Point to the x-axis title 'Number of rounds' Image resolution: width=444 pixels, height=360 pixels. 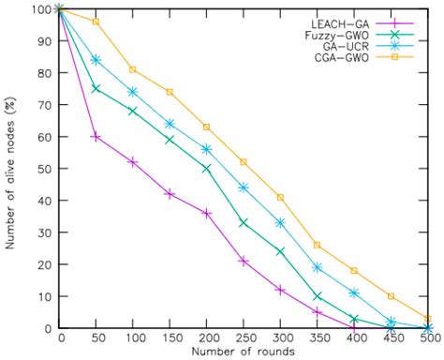[x=244, y=352]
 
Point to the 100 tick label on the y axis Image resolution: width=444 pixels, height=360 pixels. [x=37, y=9]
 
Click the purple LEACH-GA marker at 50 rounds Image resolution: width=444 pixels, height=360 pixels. [x=96, y=137]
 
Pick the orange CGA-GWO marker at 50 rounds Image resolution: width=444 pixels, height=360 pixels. [x=96, y=22]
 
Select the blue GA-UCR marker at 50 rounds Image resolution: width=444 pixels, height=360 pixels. [x=96, y=60]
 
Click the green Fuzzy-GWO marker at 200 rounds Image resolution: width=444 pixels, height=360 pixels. [x=206, y=169]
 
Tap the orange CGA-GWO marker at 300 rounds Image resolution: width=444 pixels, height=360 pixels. [x=280, y=197]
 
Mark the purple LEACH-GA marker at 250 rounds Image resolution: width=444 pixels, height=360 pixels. [x=244, y=261]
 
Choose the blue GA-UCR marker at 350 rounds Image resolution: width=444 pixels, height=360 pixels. [x=318, y=267]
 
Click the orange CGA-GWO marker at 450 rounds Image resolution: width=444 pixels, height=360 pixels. [x=392, y=296]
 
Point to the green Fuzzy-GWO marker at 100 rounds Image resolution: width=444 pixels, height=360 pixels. [x=132, y=111]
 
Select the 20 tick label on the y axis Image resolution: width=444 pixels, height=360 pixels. [x=40, y=264]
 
